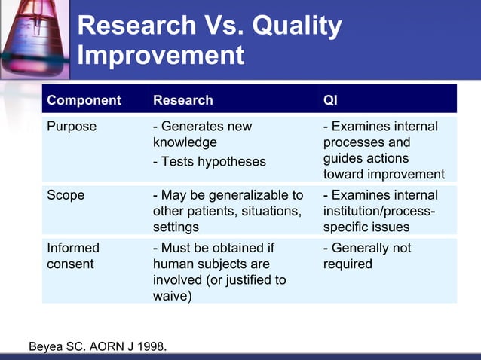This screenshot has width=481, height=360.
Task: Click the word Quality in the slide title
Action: [x=296, y=26]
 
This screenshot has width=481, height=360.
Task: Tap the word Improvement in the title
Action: [x=161, y=56]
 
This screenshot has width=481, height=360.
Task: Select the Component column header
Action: [x=84, y=100]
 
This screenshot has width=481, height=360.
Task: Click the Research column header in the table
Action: [x=183, y=100]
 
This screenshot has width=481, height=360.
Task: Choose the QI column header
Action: [x=330, y=100]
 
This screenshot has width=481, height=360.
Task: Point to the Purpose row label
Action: [x=72, y=127]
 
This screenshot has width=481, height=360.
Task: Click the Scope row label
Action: [x=66, y=195]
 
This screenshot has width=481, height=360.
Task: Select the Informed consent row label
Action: [x=73, y=255]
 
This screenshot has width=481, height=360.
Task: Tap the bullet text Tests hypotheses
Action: [x=210, y=161]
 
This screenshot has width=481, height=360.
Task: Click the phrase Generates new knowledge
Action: [x=202, y=134]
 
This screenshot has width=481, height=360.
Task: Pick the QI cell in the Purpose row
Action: [x=383, y=150]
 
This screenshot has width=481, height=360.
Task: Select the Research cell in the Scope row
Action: [x=228, y=211]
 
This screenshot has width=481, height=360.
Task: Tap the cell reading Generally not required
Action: [x=367, y=255]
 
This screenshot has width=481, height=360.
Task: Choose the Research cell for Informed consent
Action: [x=219, y=272]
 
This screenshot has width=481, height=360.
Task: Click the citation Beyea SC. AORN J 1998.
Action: [x=98, y=347]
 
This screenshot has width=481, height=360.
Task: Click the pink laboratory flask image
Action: [x=33, y=38]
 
